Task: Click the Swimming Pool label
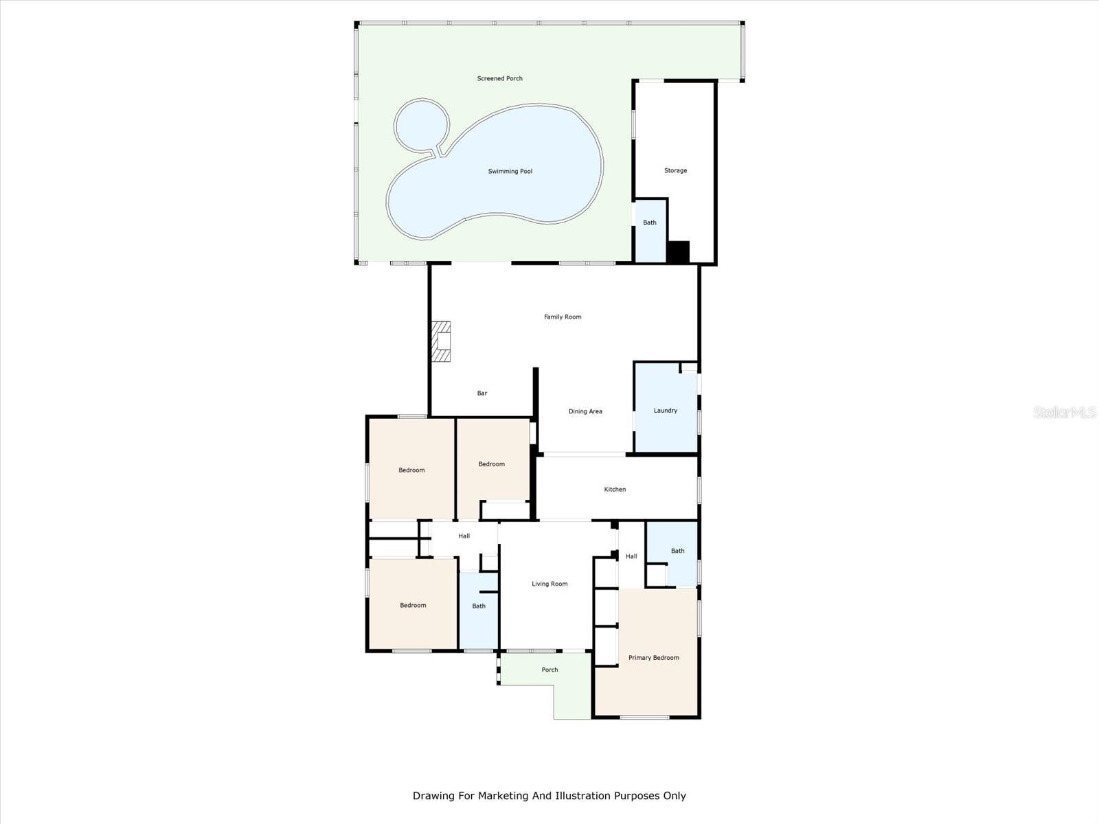[x=510, y=171]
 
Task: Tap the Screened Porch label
[x=499, y=78]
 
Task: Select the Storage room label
[x=675, y=170]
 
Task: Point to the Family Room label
[x=563, y=317]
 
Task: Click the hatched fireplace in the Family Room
[x=442, y=341]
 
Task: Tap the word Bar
[x=482, y=393]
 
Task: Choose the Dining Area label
[x=585, y=411]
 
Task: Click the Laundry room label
[x=666, y=410]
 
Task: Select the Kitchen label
[x=615, y=490]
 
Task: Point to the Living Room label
[x=549, y=584]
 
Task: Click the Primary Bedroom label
[x=654, y=657]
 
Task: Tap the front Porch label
[x=549, y=669]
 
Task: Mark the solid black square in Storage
[x=678, y=251]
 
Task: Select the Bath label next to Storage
[x=650, y=222]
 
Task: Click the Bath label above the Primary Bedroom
[x=677, y=551]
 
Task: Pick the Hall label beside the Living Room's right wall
[x=631, y=556]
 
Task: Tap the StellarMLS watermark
[x=1065, y=412]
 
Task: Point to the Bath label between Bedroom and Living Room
[x=479, y=606]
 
